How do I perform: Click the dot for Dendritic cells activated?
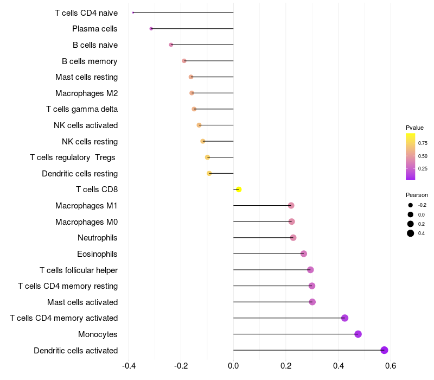(x=384, y=350)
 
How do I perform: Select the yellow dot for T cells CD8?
(x=239, y=189)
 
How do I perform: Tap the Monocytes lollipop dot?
(x=358, y=334)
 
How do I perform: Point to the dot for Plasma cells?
(x=151, y=29)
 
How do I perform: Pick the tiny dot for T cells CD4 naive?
(x=133, y=12)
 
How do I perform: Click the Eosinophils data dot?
(x=304, y=254)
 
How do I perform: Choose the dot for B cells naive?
(x=171, y=45)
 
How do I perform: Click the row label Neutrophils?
(x=98, y=238)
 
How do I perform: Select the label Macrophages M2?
(x=86, y=93)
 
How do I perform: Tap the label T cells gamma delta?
(x=82, y=109)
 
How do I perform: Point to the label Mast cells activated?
(x=82, y=302)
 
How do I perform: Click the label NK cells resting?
(x=90, y=142)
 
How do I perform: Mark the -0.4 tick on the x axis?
(x=129, y=366)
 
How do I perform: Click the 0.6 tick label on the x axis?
(x=390, y=366)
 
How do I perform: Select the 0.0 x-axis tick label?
(x=233, y=366)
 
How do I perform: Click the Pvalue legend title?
(x=414, y=128)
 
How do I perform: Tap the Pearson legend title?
(x=417, y=195)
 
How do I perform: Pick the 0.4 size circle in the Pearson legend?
(x=411, y=233)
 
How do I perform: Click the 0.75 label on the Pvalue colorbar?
(x=423, y=143)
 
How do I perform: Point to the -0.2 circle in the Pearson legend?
(x=411, y=205)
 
